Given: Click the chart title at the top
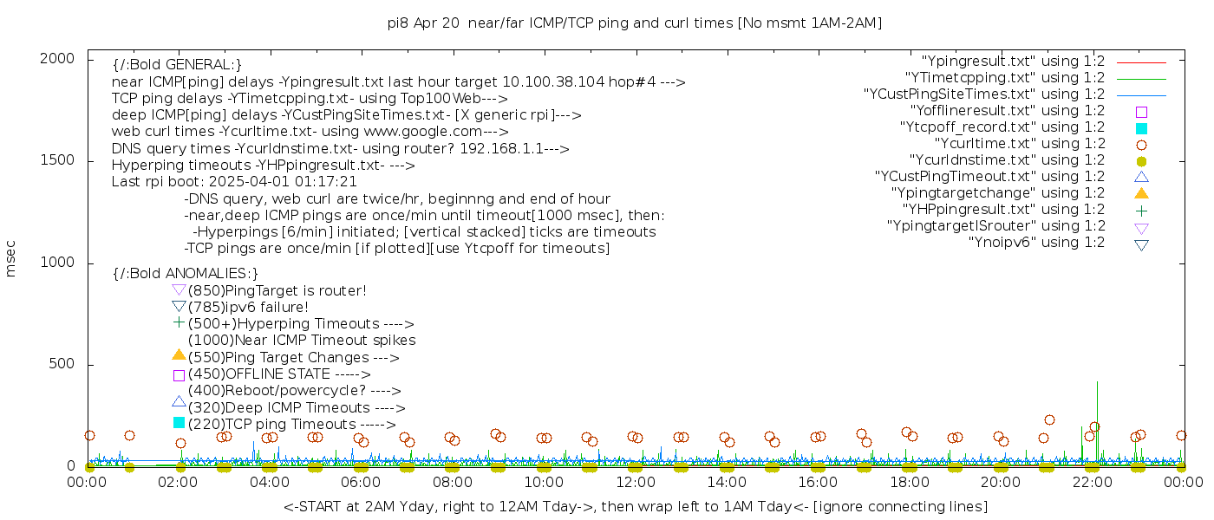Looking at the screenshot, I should point(635,23).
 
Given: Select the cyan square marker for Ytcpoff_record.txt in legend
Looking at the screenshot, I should point(1141,127).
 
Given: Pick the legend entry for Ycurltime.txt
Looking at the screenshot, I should point(1019,144).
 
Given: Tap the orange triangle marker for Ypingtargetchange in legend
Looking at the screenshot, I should point(1141,192).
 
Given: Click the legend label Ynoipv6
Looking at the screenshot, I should point(1036,243).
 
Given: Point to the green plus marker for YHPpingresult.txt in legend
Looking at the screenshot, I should point(1141,210).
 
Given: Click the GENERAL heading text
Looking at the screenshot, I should point(177,65).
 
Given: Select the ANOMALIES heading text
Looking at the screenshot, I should point(186,274).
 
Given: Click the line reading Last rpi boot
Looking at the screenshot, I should point(234,182).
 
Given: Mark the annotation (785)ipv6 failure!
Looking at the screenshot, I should point(248,307).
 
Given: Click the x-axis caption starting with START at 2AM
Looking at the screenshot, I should point(635,506).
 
